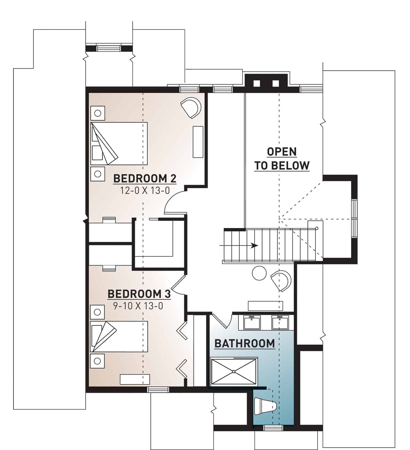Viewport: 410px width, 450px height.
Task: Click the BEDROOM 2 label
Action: pyautogui.click(x=145, y=178)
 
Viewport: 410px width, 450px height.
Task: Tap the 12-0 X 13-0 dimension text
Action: pyautogui.click(x=145, y=191)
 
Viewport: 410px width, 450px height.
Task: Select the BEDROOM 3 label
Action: pyautogui.click(x=139, y=294)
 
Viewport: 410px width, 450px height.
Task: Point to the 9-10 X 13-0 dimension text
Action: pyautogui.click(x=138, y=306)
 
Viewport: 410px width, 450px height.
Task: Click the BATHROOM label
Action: pyautogui.click(x=245, y=344)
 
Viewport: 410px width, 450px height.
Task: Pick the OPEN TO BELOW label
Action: pyautogui.click(x=282, y=159)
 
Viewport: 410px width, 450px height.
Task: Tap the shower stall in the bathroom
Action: pyautogui.click(x=234, y=372)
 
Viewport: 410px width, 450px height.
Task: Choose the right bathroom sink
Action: pyautogui.click(x=281, y=322)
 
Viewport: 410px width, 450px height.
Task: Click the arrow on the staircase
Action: pyautogui.click(x=254, y=246)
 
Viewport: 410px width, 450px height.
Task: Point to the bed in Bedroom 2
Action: pyautogui.click(x=119, y=143)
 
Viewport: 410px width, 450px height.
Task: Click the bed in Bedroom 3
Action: pyautogui.click(x=119, y=336)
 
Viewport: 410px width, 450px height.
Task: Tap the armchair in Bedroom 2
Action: pyautogui.click(x=191, y=108)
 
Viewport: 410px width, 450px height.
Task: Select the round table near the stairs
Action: pyautogui.click(x=259, y=273)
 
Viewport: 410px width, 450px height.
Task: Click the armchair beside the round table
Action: pyautogui.click(x=281, y=280)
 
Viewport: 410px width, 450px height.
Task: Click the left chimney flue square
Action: pyautogui.click(x=257, y=84)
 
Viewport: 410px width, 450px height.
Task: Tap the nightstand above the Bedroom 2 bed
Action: pyautogui.click(x=98, y=113)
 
